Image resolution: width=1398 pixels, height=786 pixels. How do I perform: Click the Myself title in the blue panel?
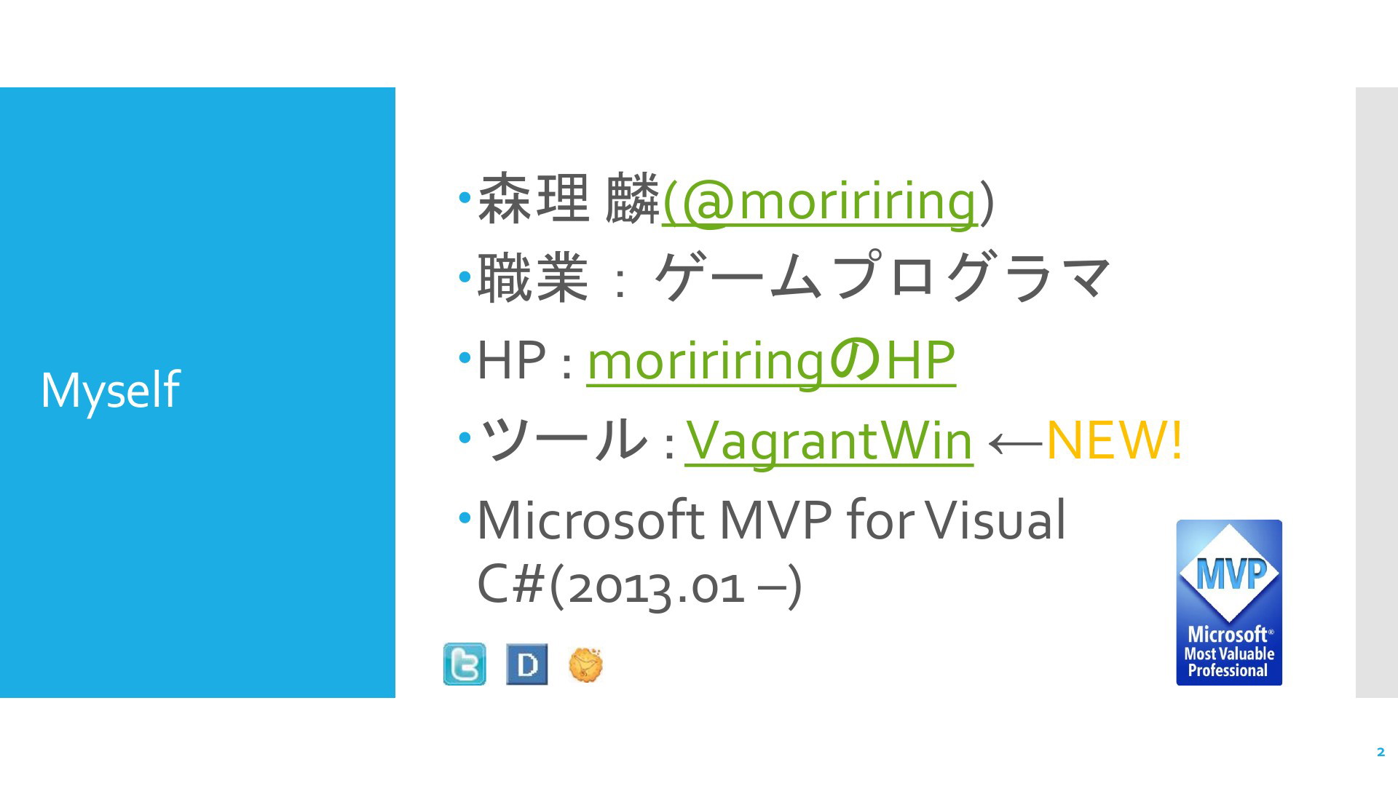[x=110, y=391]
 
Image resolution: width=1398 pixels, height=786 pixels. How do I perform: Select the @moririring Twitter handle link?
[x=819, y=200]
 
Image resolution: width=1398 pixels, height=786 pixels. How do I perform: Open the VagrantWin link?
[x=829, y=440]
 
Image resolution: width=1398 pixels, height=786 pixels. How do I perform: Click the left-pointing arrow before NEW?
[x=1015, y=442]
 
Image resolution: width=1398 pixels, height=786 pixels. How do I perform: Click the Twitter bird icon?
[x=465, y=664]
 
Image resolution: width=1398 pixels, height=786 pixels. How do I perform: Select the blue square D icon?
[x=526, y=664]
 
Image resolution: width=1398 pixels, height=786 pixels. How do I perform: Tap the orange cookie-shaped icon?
[x=585, y=664]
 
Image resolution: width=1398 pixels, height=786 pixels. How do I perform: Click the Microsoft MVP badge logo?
[x=1229, y=603]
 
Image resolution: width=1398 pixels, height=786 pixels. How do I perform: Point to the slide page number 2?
[x=1381, y=753]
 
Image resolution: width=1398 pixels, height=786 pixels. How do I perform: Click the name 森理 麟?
[x=568, y=199]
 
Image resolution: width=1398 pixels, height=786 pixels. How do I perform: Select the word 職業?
[x=532, y=278]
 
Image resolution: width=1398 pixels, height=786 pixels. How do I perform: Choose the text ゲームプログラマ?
[x=882, y=277]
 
